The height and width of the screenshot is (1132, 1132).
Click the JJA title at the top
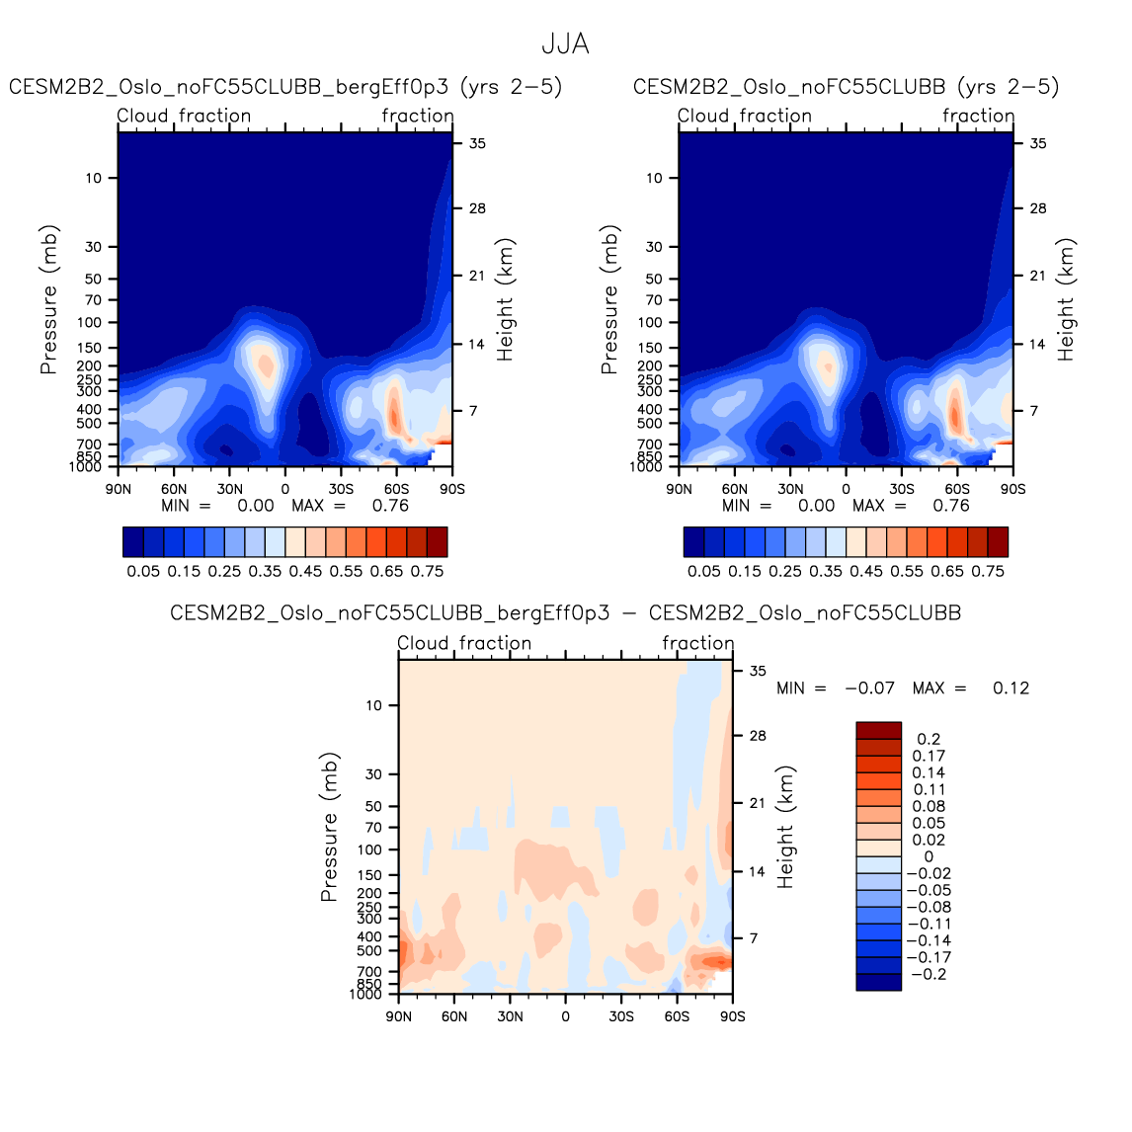(565, 44)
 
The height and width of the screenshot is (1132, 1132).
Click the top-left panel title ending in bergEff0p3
(285, 87)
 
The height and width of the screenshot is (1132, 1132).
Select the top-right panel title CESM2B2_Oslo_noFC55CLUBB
(846, 87)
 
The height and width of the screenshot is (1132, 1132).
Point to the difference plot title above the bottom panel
(565, 613)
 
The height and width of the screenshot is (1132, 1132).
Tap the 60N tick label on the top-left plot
(174, 489)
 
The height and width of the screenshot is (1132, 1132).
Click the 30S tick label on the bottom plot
(621, 1016)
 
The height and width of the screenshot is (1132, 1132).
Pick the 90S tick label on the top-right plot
(1013, 489)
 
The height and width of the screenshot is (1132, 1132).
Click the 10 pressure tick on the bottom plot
(373, 705)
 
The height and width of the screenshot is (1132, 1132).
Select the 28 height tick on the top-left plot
(478, 208)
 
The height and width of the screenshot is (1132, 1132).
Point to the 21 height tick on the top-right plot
(1038, 276)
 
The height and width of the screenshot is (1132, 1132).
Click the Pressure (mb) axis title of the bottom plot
(329, 827)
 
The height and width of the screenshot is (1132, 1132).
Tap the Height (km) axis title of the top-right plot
(1066, 299)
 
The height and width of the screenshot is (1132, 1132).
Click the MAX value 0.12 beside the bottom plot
(1011, 688)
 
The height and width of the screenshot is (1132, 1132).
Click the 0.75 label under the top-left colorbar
(427, 571)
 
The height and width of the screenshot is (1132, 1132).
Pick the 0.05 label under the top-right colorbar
(703, 571)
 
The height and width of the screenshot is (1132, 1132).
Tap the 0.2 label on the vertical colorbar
(929, 739)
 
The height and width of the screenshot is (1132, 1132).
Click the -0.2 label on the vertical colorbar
(929, 974)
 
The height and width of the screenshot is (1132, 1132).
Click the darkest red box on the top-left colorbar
(437, 541)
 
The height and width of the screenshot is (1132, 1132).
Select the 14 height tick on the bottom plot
(758, 872)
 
